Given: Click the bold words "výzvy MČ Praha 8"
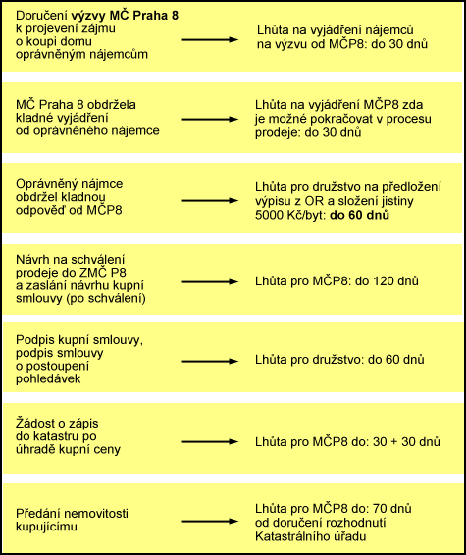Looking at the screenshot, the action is [x=125, y=16].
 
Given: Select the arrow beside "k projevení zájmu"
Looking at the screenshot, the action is [x=210, y=39].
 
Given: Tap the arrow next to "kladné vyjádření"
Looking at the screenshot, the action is [x=210, y=120].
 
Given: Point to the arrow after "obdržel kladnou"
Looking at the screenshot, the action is [x=210, y=201].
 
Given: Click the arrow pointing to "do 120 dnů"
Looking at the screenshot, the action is [x=210, y=282].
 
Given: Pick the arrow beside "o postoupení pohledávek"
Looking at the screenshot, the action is [x=210, y=362].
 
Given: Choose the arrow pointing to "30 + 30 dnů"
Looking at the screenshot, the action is [x=210, y=442].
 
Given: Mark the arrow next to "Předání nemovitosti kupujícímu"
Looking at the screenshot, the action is [x=210, y=522].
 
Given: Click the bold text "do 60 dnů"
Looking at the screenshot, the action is [x=359, y=215].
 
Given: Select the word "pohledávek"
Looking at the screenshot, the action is [x=48, y=378].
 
